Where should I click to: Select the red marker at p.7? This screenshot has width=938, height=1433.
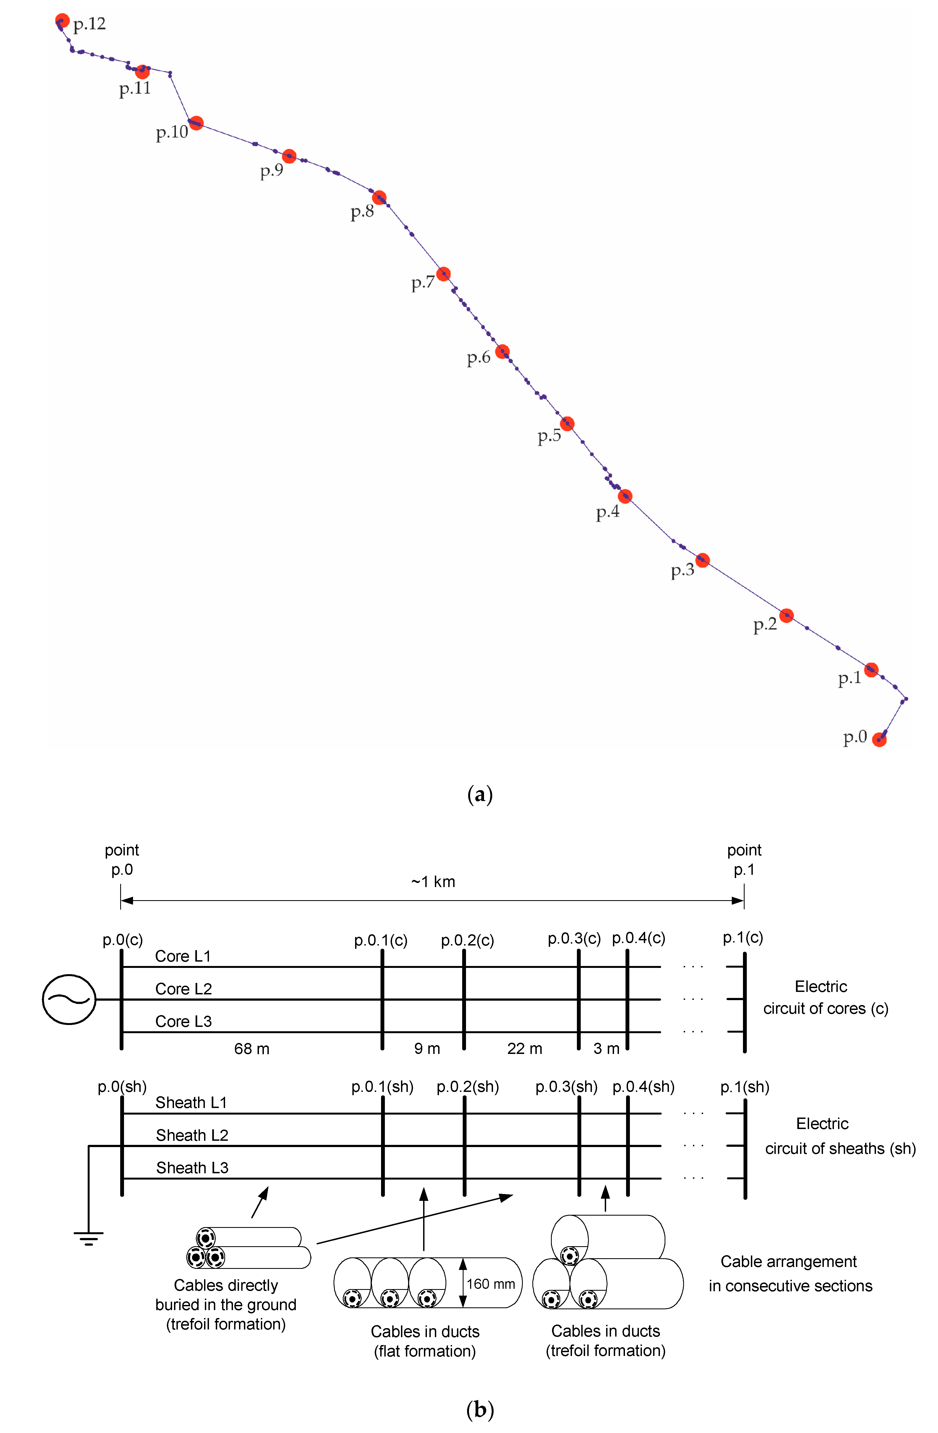(443, 274)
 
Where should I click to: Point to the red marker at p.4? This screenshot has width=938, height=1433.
(625, 496)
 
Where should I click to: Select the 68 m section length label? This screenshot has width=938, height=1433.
(252, 1049)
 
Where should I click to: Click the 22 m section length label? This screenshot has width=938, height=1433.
(524, 1049)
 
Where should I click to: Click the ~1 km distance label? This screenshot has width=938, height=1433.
(433, 882)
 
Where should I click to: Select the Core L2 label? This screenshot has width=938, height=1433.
(184, 989)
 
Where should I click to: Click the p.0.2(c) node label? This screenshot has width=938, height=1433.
(467, 941)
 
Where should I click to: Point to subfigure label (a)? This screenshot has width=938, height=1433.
(480, 795)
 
